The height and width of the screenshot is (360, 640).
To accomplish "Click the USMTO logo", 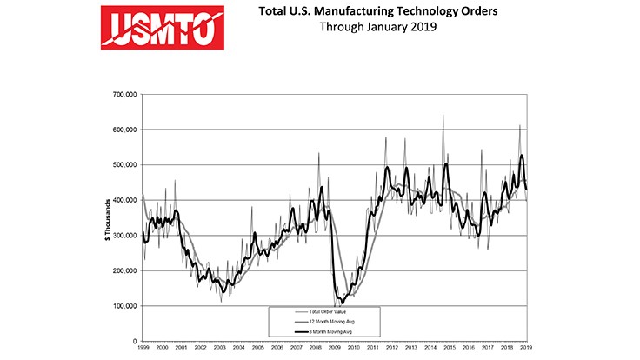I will coord(163,27).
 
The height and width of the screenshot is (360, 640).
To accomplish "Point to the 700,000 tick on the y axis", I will coord(124,94).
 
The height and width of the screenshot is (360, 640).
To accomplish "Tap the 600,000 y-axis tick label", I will coord(124,130).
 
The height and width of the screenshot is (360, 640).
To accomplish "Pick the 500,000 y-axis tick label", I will coord(124,165).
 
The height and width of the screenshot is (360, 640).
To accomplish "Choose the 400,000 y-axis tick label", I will coord(124,200).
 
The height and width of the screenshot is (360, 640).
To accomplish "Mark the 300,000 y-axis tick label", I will coord(124,236).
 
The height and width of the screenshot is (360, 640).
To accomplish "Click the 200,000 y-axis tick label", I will coord(124,271).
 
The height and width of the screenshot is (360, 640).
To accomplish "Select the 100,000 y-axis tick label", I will coord(124,306).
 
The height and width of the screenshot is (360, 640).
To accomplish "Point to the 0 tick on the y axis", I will coord(133,342).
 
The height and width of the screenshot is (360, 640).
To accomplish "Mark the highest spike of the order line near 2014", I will coord(443,115).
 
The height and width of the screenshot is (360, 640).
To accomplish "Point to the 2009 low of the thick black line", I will coord(343,303).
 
